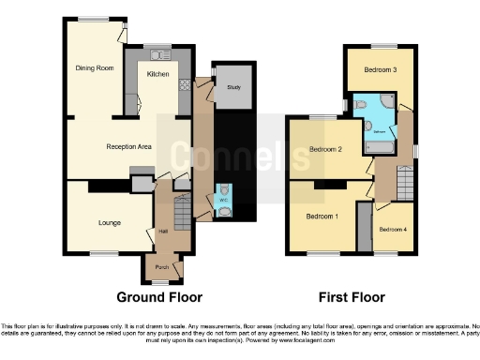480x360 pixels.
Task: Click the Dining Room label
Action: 94,67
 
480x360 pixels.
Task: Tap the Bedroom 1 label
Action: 322,216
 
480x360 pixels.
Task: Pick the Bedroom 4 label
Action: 392,229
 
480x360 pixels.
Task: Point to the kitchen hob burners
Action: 185,85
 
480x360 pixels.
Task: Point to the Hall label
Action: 162,231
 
